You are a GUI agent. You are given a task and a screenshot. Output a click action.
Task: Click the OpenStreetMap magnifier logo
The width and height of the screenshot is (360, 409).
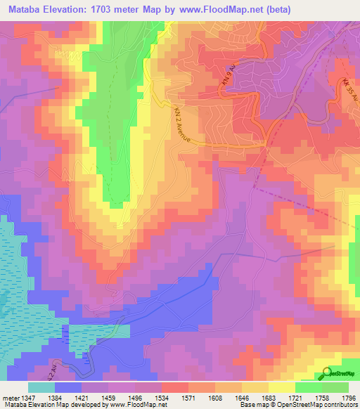(328, 372)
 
